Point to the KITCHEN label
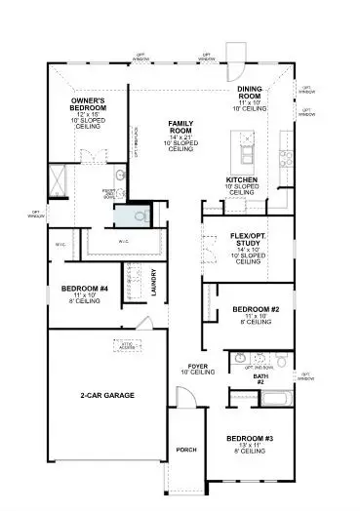(241, 180)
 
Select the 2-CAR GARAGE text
(107, 395)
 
